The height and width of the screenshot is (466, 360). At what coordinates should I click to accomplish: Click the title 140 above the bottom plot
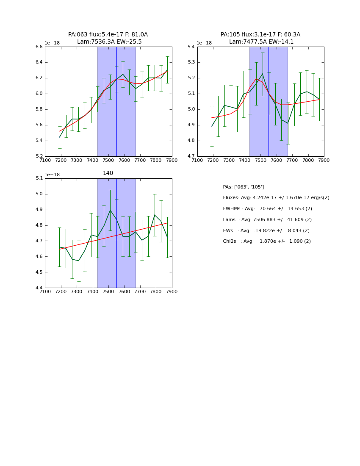[108, 173]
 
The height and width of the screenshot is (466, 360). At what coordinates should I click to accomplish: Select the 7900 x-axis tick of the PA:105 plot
[324, 160]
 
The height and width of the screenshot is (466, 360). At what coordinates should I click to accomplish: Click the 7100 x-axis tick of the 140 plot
[45, 291]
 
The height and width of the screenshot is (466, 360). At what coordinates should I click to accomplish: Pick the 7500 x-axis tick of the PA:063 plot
[108, 160]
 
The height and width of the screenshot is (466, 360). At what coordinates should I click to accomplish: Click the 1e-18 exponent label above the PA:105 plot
[204, 43]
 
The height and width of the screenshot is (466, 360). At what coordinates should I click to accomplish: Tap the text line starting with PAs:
[243, 187]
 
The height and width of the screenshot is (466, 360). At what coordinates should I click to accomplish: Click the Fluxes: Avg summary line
[276, 198]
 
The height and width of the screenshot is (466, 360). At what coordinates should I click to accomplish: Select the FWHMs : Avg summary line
[267, 209]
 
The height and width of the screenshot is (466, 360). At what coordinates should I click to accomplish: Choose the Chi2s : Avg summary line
[266, 241]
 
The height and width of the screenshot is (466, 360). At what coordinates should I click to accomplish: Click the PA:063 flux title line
[108, 35]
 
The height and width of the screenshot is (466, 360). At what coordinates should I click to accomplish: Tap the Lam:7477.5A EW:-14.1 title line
[261, 42]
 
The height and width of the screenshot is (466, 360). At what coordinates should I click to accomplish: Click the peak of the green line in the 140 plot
[110, 210]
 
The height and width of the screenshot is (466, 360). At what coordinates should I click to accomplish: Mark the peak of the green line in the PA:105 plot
[262, 74]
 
